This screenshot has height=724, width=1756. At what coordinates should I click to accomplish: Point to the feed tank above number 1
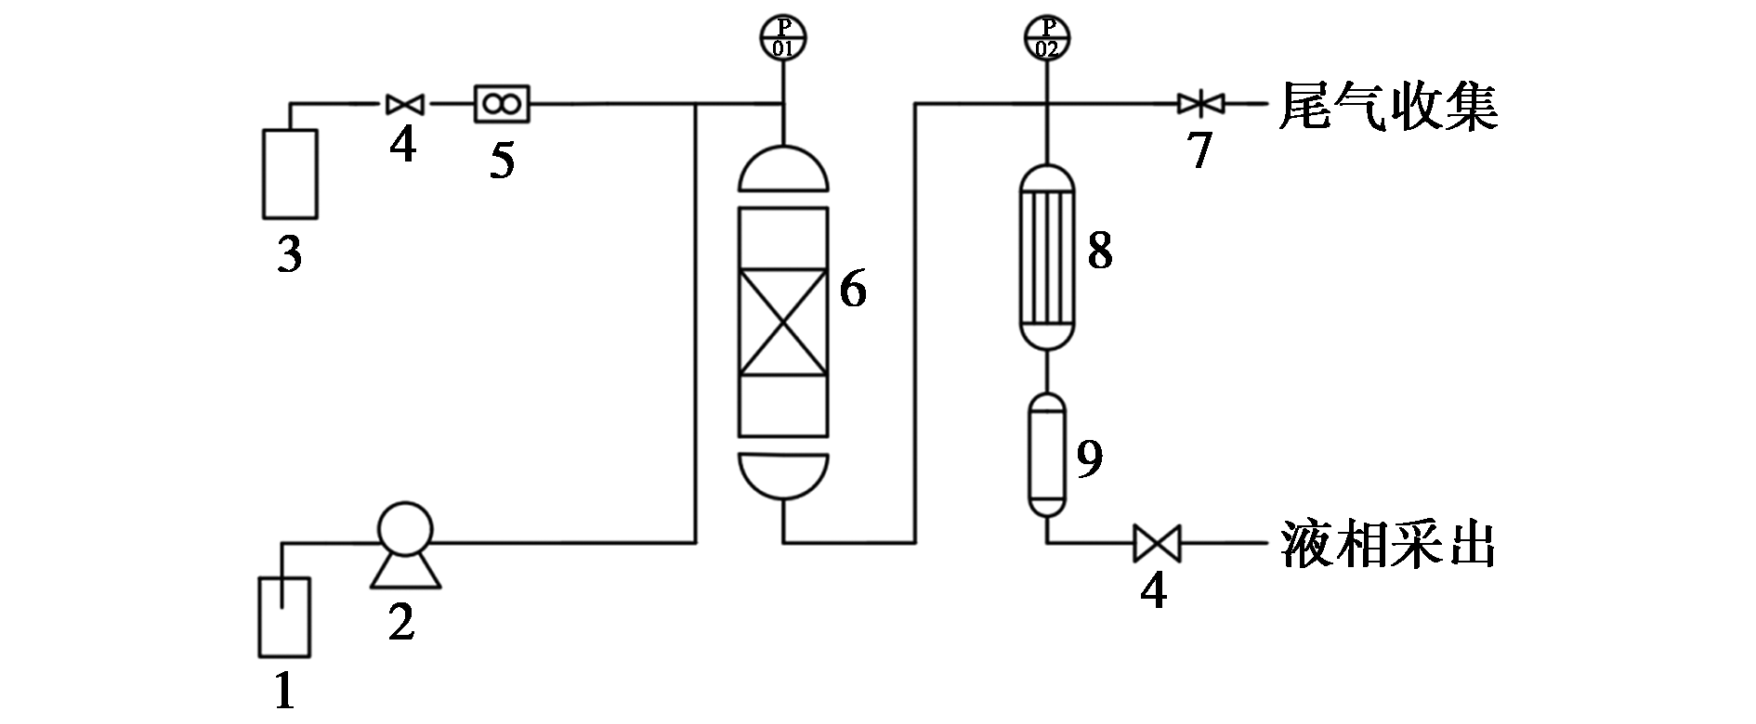(282, 617)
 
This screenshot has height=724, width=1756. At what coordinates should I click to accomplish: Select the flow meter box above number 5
(502, 104)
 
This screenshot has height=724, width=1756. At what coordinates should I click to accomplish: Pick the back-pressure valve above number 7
(1199, 104)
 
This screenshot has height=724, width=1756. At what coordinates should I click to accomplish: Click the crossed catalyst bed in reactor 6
(782, 322)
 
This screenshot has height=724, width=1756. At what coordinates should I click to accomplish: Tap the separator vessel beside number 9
(1048, 455)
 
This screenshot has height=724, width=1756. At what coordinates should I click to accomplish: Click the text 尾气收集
(1388, 105)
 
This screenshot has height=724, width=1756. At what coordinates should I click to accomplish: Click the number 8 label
(1100, 250)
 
